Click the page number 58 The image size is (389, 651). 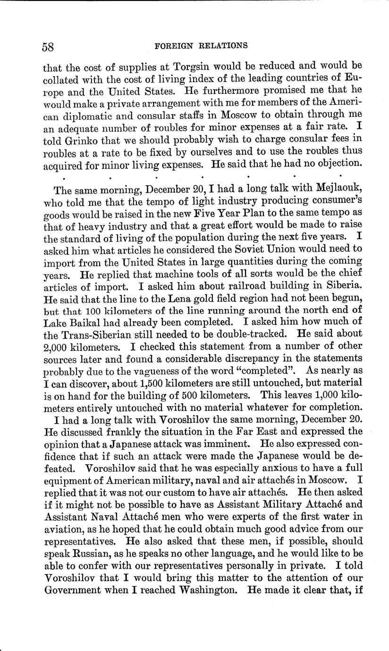tap(48, 47)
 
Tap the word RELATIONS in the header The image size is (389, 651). tap(224, 46)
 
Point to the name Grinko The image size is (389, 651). tap(75, 138)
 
